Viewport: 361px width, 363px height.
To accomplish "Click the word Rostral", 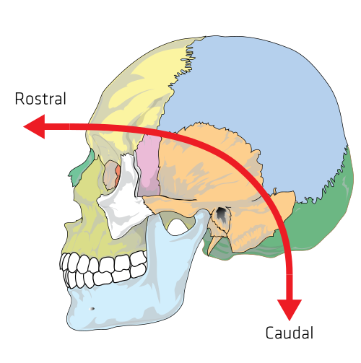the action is click(x=40, y=99).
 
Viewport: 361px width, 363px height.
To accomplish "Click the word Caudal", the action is click(x=290, y=333).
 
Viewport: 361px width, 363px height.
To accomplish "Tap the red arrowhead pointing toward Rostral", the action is click(x=34, y=126).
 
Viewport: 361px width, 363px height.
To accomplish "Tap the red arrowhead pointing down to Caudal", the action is click(x=290, y=310).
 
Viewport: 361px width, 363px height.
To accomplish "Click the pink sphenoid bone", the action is click(x=149, y=166).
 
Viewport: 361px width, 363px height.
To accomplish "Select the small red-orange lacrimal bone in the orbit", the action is click(x=118, y=174).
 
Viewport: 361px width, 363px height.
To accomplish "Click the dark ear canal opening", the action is click(x=221, y=214).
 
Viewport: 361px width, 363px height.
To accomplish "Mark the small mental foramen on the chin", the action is click(x=92, y=309).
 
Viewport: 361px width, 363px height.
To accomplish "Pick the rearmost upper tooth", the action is click(x=139, y=258).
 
